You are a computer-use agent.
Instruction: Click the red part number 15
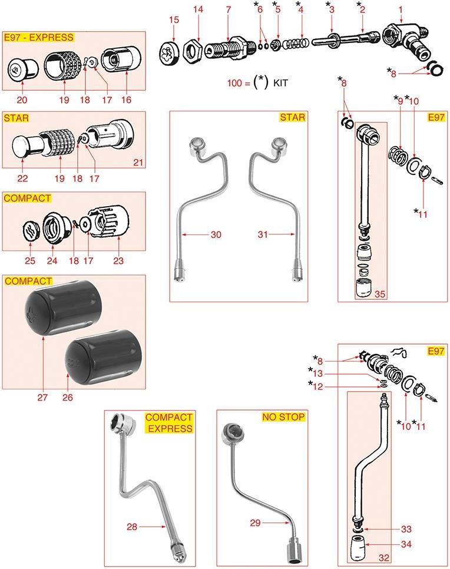click(x=174, y=19)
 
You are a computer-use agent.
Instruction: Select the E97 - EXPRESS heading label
click(x=39, y=37)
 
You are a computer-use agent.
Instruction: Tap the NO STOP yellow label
click(x=283, y=417)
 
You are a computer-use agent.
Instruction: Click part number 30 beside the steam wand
click(x=216, y=234)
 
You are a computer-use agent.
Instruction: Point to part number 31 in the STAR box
click(x=263, y=234)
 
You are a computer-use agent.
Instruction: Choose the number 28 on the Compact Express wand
click(x=131, y=526)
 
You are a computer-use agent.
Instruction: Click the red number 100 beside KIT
click(x=234, y=83)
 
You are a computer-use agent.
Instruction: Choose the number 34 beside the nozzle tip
click(x=406, y=544)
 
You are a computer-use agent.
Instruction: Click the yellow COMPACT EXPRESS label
click(x=170, y=423)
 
